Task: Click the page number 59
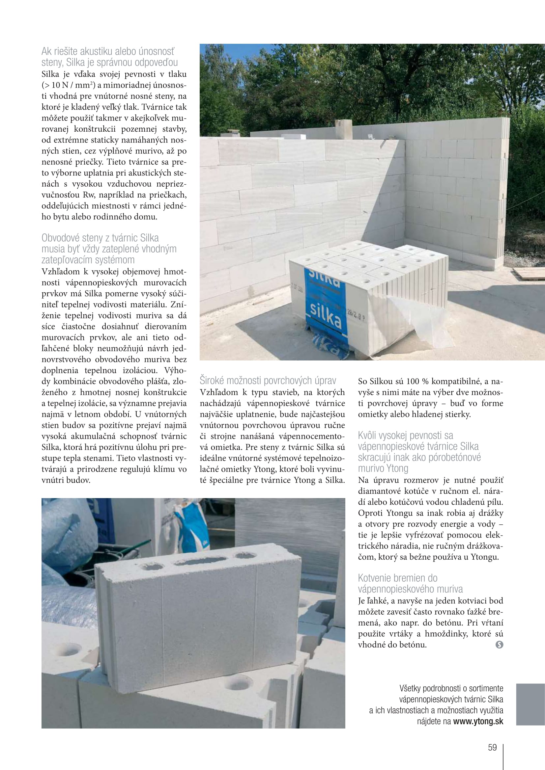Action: pyautogui.click(x=492, y=747)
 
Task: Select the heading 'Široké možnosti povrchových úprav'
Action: pyautogui.click(x=268, y=381)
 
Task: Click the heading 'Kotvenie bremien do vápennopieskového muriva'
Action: pyautogui.click(x=410, y=583)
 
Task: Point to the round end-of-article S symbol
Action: pyautogui.click(x=499, y=645)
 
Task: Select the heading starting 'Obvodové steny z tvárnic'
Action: pyautogui.click(x=109, y=249)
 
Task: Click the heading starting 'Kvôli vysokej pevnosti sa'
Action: pyautogui.click(x=419, y=452)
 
